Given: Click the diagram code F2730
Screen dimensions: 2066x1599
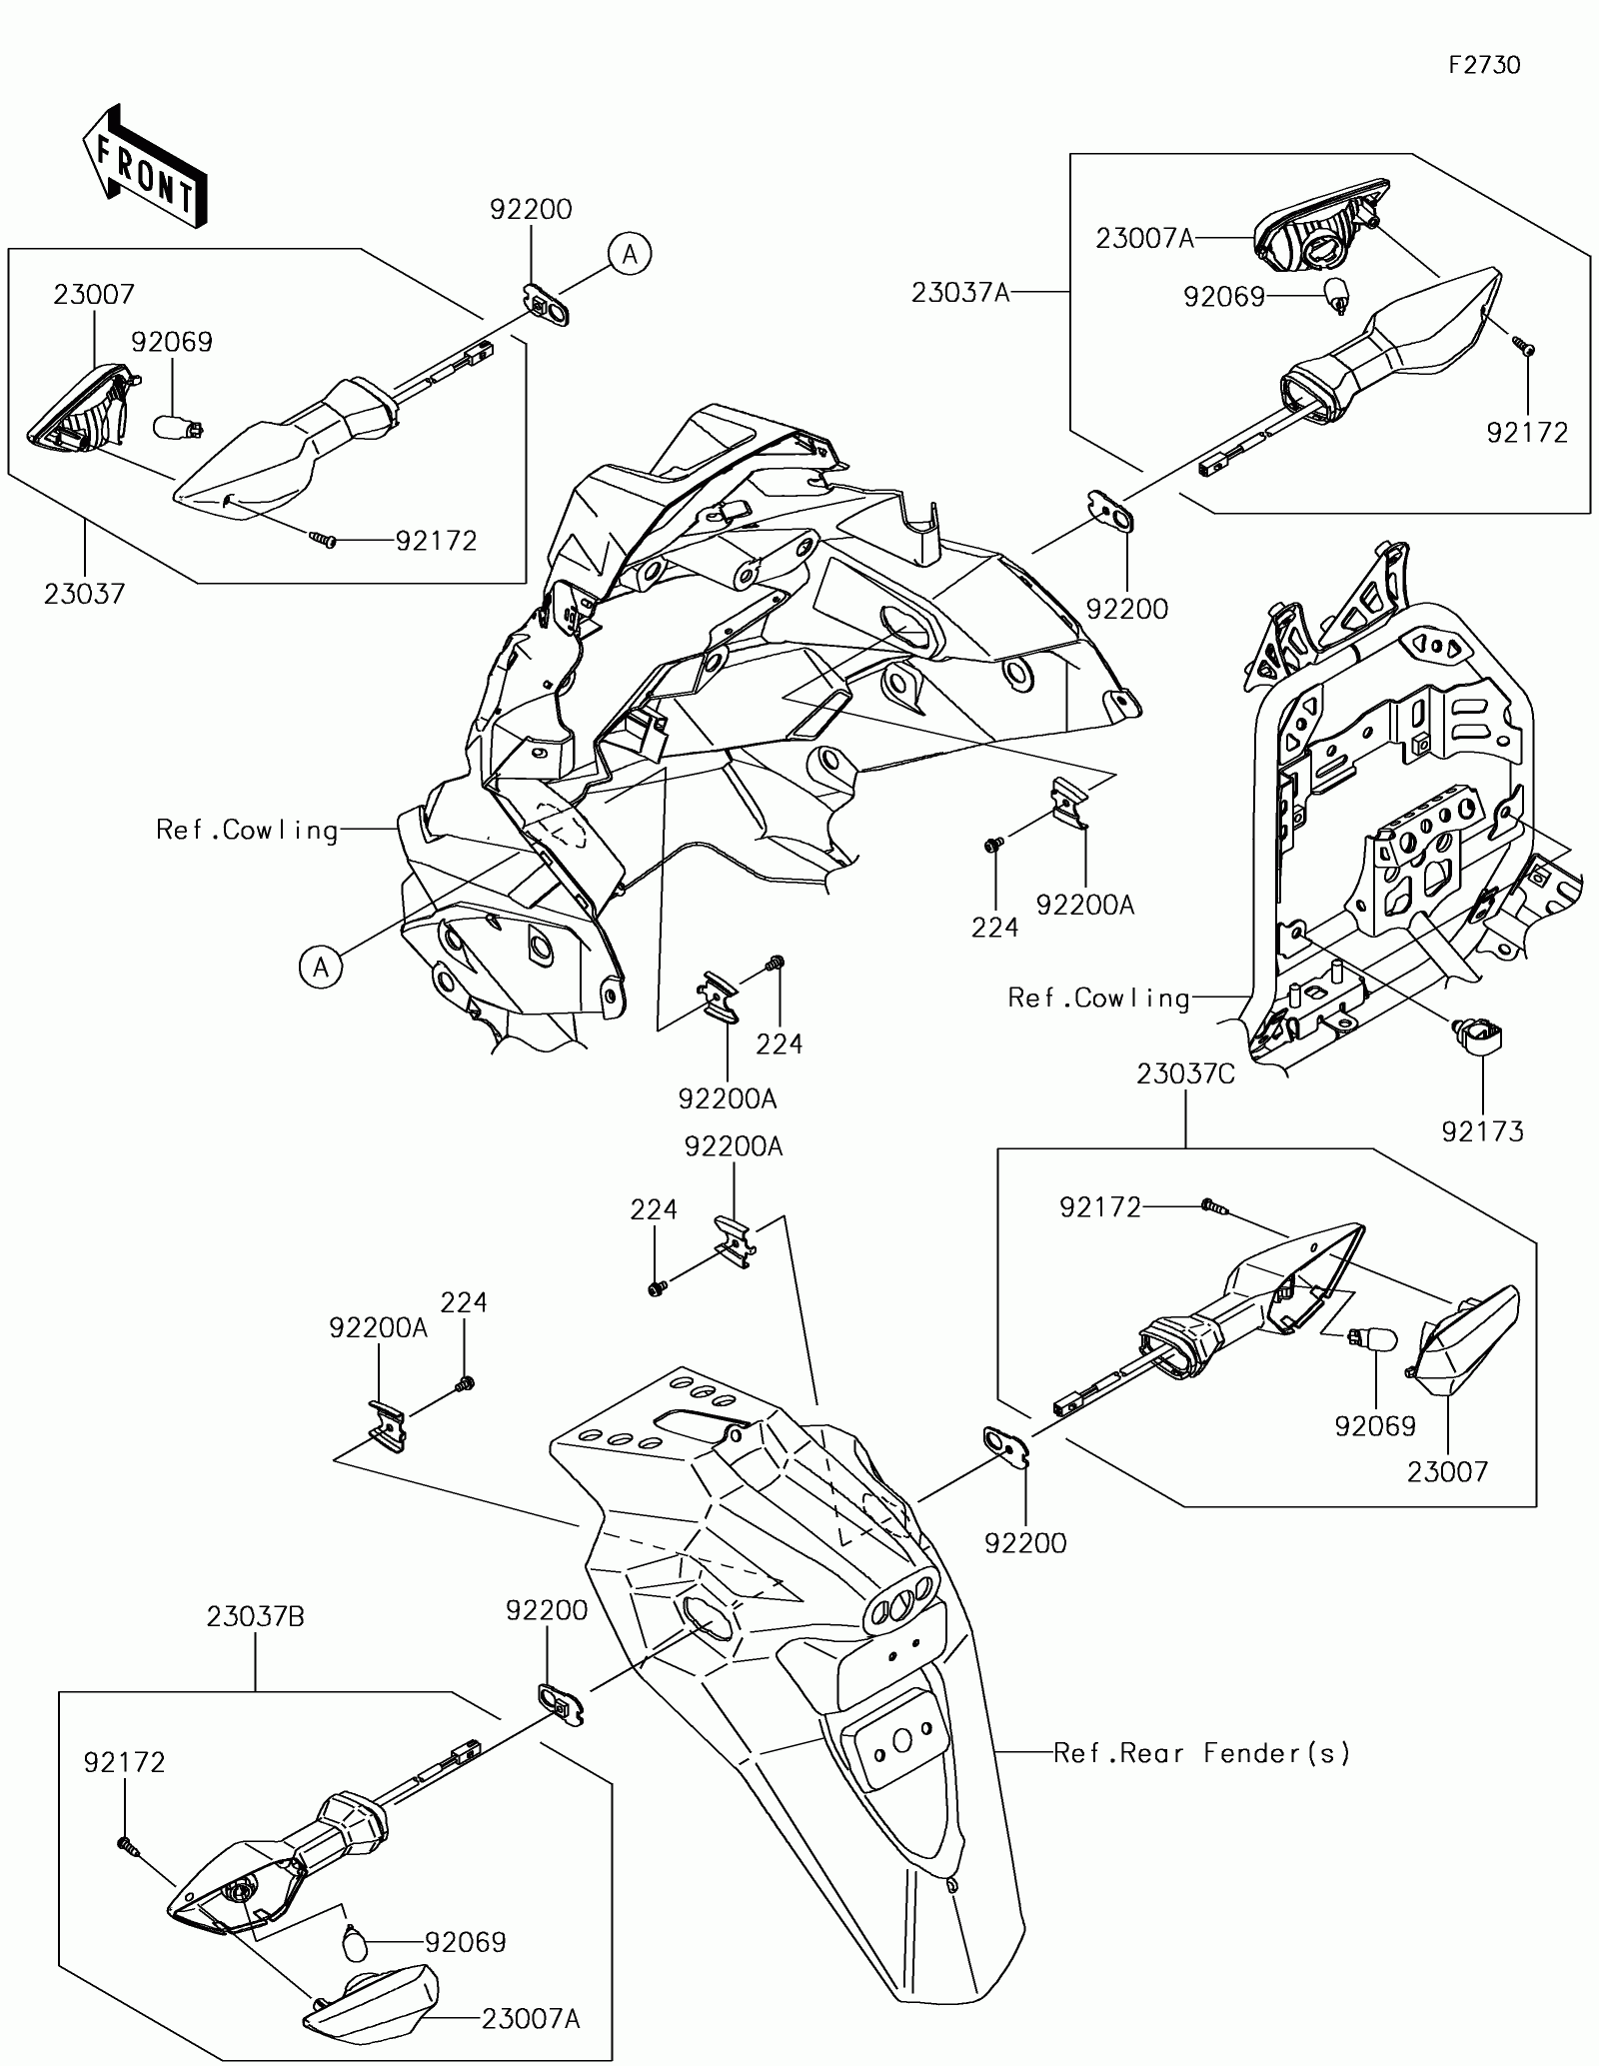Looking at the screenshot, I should (x=1484, y=66).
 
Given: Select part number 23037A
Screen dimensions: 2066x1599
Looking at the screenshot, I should (x=960, y=293).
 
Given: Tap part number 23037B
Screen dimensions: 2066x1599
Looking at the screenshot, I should (x=255, y=1616).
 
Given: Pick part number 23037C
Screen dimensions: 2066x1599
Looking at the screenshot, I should (x=1185, y=1074).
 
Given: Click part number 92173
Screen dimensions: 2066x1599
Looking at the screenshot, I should (x=1482, y=1131).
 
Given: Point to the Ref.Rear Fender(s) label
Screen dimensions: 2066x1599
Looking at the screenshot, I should (x=1202, y=1752).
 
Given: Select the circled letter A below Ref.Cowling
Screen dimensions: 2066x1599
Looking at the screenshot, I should (x=321, y=968).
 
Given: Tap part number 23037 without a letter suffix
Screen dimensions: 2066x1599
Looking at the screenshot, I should (x=84, y=594).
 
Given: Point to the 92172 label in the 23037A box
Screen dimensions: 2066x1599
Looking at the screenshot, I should (x=1527, y=433).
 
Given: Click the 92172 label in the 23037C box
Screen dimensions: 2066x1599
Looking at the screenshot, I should (x=1100, y=1208).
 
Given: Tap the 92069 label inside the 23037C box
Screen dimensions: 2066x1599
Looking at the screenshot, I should (x=1375, y=1426).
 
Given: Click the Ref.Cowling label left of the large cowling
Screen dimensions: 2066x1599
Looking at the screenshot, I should (x=248, y=830).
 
